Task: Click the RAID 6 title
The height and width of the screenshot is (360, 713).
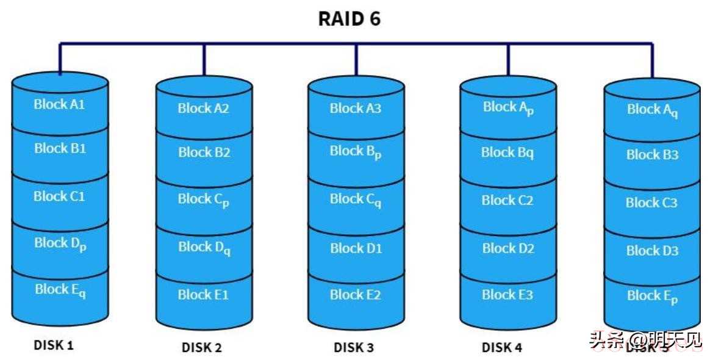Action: pos(349,19)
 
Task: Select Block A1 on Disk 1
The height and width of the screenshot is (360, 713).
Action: pos(60,104)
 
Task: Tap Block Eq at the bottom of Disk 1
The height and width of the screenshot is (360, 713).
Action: pos(60,290)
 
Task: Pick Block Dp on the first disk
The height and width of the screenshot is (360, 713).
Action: pos(60,243)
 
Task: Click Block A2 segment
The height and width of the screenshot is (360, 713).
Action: pos(204,109)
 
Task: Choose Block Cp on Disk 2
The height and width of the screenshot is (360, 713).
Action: pos(204,200)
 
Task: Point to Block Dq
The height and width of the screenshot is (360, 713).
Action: pos(204,248)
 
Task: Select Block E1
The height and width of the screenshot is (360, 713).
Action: pos(204,295)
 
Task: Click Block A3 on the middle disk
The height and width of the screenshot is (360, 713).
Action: pos(356,109)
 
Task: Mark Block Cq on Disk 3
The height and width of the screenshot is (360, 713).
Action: pos(356,200)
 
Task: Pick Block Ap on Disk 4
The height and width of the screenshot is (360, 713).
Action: pos(508,107)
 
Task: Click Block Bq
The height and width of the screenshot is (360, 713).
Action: pos(507,153)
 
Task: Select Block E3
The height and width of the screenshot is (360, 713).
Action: pos(507,295)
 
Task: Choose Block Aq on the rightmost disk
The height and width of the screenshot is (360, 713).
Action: pos(652,110)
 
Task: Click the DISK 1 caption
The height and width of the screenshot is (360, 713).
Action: pos(54,345)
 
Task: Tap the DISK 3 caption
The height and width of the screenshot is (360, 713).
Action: pos(354,348)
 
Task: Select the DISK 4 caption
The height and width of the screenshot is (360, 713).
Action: pos(502,348)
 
